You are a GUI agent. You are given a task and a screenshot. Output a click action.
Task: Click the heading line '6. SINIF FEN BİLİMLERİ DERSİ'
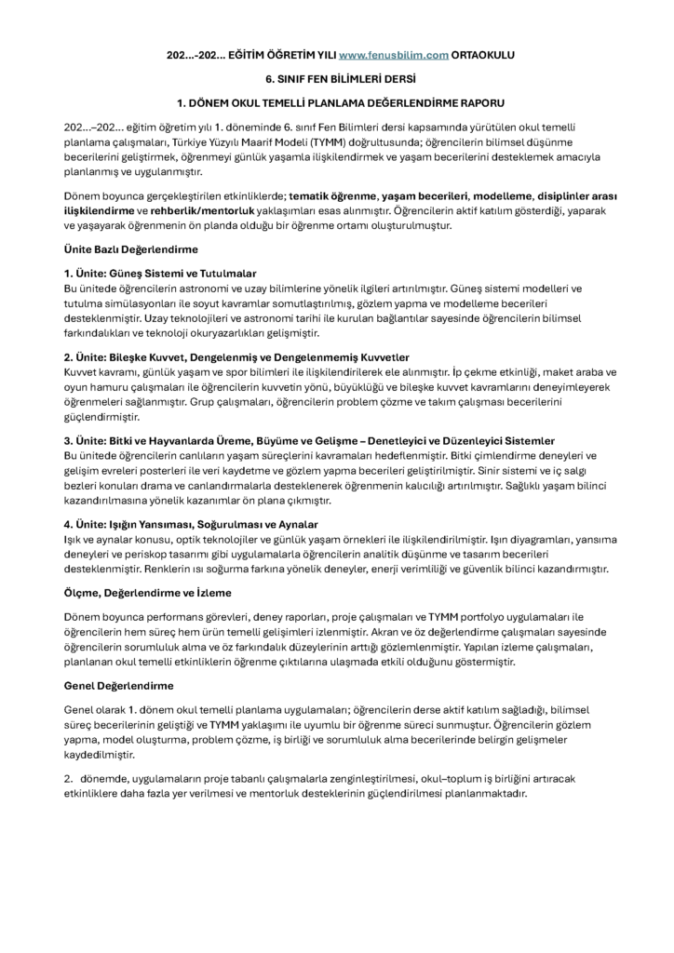point(336,78)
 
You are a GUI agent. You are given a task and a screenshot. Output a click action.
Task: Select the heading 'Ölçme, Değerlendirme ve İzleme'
point(147,592)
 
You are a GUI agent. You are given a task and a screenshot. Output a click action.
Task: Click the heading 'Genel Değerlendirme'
point(118,686)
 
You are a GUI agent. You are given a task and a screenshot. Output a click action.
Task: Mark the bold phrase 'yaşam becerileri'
point(424,197)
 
